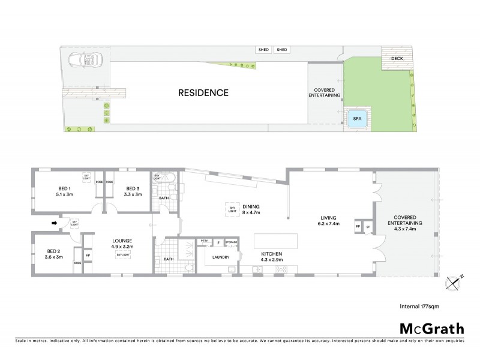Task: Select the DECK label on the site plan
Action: pos(397,59)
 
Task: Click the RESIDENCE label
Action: pos(203,92)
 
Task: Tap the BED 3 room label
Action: pos(133,191)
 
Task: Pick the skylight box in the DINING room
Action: pos(232,209)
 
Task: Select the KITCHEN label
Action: pos(272,254)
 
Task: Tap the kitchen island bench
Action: pos(275,241)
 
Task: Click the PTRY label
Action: pos(204,242)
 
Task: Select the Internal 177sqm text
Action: pos(419,306)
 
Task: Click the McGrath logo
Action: pos(431,328)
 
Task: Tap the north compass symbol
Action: pos(453,281)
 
